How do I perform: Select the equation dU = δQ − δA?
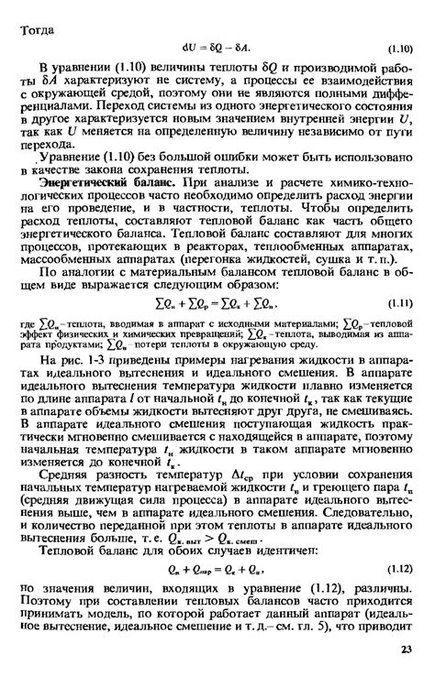222,47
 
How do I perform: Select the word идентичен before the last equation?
260,551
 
